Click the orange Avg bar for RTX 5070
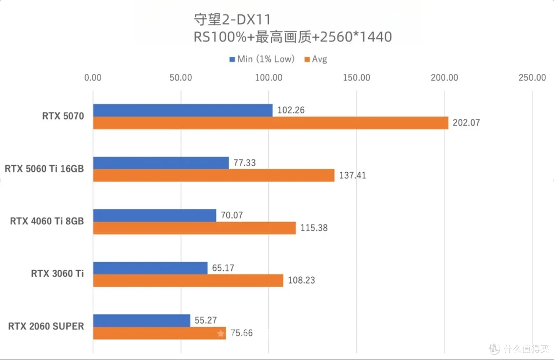[270, 123]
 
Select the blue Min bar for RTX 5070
[183, 110]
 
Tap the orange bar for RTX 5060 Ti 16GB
[213, 175]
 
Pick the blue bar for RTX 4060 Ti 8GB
[154, 215]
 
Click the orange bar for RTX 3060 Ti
[188, 281]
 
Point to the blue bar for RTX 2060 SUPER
[141, 321]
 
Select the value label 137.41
[352, 175]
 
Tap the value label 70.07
[231, 215]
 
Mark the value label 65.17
[223, 268]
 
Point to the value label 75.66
[241, 333]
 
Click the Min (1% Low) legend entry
[262, 59]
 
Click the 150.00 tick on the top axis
[357, 78]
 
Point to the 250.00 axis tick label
[532, 78]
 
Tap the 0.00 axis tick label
[93, 78]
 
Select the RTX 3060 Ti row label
[57, 273]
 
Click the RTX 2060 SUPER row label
[46, 326]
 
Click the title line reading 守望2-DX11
[231, 20]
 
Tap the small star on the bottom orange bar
[221, 333]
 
